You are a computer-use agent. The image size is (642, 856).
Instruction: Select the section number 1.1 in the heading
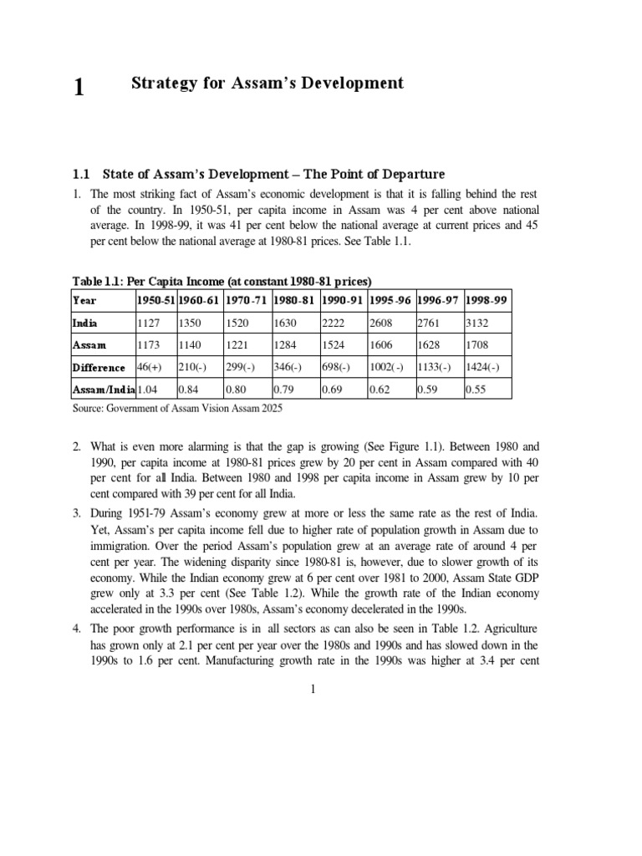[x=81, y=175]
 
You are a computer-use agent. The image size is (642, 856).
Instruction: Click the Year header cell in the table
[x=85, y=299]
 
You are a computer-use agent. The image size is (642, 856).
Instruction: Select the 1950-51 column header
[x=155, y=299]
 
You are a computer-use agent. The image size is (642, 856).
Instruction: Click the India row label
[x=86, y=321]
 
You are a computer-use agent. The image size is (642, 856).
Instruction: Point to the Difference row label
[x=99, y=367]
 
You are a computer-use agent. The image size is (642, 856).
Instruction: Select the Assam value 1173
[x=148, y=344]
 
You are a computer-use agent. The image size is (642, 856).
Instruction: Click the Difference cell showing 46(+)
[x=150, y=367]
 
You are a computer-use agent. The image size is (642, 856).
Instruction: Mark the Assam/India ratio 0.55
[x=476, y=390]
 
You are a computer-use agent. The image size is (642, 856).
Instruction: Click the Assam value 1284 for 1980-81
[x=286, y=344]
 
